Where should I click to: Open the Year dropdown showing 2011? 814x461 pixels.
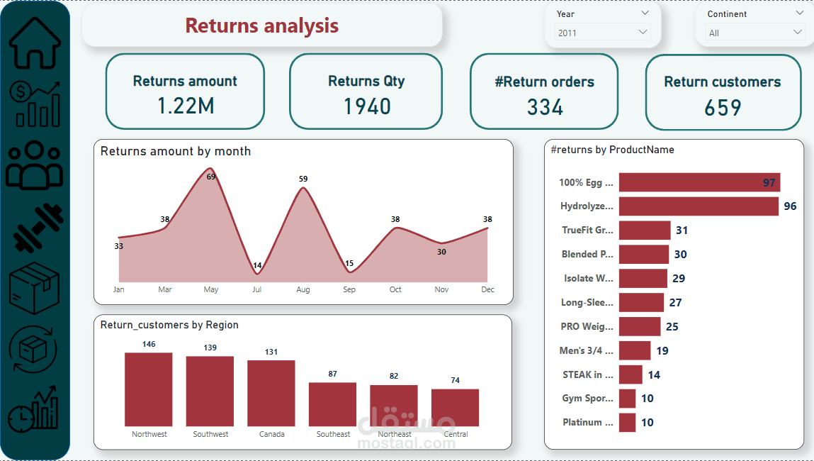click(602, 33)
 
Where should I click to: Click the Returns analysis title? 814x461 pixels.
click(262, 26)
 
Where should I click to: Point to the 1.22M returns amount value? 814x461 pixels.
click(185, 106)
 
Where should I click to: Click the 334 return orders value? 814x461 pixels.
click(545, 107)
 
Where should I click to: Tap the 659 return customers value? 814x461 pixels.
click(723, 108)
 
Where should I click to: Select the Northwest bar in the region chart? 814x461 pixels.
click(149, 389)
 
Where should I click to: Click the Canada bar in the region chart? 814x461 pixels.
click(271, 393)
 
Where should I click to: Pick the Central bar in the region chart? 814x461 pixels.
click(455, 407)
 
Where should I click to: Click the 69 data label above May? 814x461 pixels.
click(210, 177)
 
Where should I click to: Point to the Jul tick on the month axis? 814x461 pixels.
click(257, 289)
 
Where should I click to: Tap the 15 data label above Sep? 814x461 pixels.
click(349, 264)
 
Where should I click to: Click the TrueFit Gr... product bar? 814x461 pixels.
click(645, 230)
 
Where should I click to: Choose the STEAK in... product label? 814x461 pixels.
click(588, 374)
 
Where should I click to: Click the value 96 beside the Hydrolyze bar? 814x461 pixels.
click(790, 206)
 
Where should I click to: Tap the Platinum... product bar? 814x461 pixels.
click(627, 423)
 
